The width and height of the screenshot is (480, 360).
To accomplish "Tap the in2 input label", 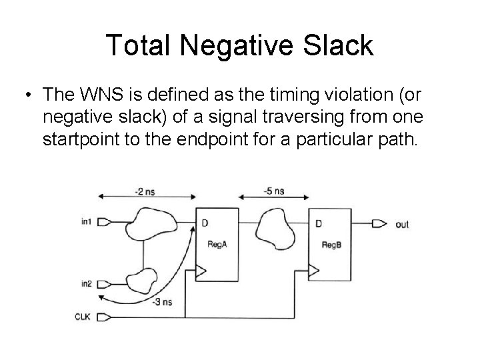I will point(86,284).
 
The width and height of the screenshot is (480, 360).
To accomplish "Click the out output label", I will point(402,225).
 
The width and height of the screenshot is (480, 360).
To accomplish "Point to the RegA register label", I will point(218,245).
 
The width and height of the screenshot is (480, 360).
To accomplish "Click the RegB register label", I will point(331,245).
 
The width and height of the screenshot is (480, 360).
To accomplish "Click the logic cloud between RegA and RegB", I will point(273,227).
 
